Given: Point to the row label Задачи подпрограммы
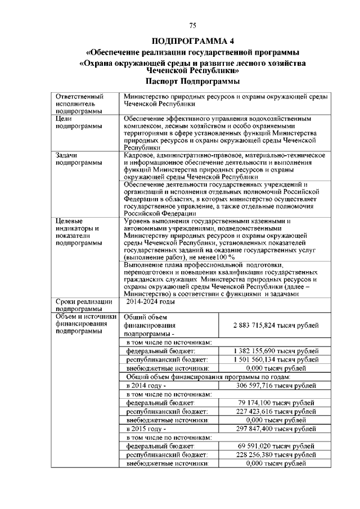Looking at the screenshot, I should pyautogui.click(x=74, y=158).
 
